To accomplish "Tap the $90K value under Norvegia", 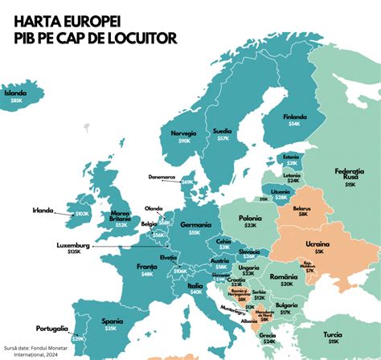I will click(185, 141).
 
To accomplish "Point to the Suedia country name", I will click(222, 130).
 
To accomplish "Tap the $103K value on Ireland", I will click(81, 214).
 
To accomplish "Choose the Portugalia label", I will click(51, 329).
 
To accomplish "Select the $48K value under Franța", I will click(147, 274).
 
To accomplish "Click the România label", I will click(284, 276).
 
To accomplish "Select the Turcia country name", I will click(350, 333).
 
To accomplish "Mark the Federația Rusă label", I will click(350, 173).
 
